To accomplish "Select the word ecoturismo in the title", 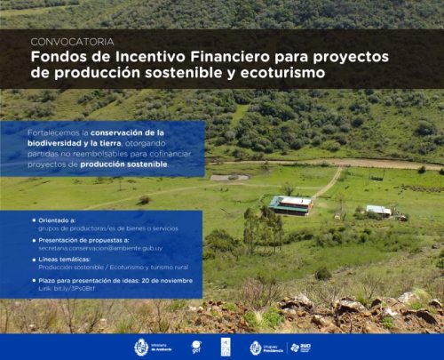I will click(277, 73).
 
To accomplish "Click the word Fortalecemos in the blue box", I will click(33, 132).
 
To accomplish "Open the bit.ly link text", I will click(59, 288).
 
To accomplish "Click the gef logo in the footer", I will click(196, 347).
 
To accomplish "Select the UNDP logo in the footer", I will click(225, 347).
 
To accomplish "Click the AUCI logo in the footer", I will click(300, 347).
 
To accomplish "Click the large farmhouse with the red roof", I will click(290, 205).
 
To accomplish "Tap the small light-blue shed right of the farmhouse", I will click(378, 211).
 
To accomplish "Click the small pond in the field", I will click(230, 177).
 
